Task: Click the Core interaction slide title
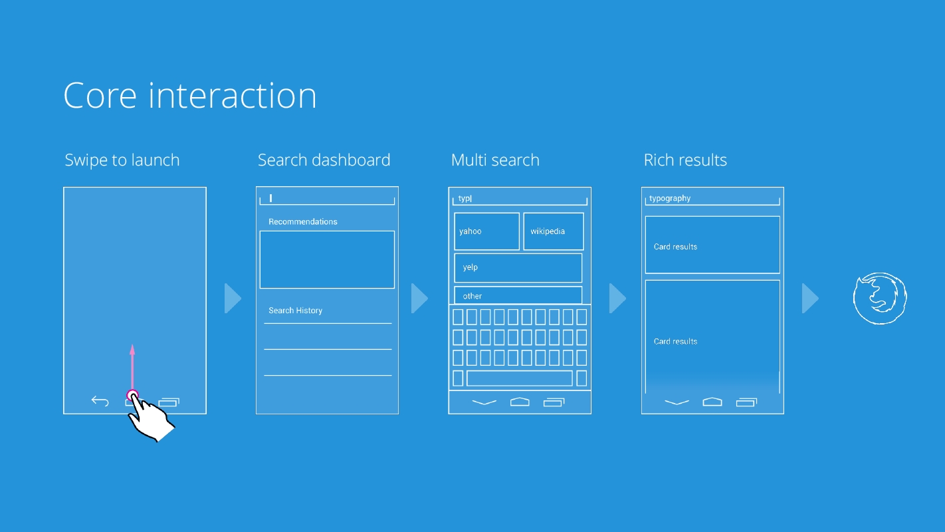coord(190,96)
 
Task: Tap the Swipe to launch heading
coord(122,160)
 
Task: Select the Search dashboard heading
coord(324,160)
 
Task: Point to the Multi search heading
coord(495,160)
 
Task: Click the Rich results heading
coord(685,160)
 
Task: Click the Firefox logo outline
coord(880,298)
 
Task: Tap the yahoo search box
coord(486,231)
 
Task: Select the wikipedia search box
coord(554,231)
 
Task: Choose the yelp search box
coord(518,268)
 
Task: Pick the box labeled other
coord(518,295)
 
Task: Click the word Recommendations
coord(303,221)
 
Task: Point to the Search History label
coord(295,311)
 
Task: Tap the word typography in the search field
coord(669,198)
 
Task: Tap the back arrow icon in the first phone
coord(100,401)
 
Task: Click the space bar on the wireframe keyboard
coord(519,378)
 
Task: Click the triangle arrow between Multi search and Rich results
coord(617,299)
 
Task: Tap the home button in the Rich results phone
coord(712,402)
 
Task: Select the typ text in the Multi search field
coord(465,198)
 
